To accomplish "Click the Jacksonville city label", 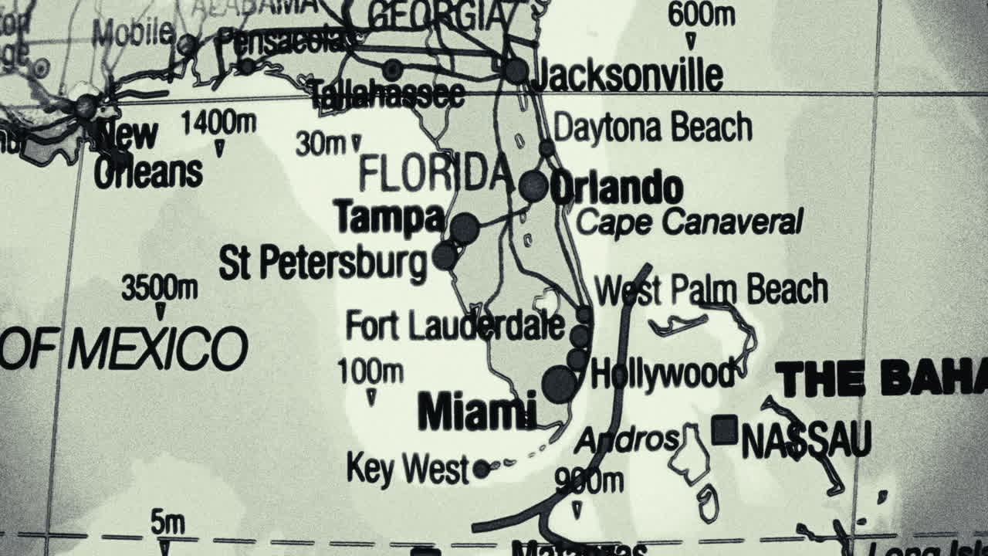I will click(628, 76).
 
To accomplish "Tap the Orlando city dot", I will click(533, 186).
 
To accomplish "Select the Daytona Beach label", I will click(652, 127).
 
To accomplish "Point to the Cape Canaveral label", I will click(689, 222).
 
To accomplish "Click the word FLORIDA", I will click(435, 175).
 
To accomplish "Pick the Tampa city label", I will click(390, 218).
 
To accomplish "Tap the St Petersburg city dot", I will click(445, 256).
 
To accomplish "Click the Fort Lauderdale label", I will click(455, 325).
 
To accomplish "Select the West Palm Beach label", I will click(711, 290).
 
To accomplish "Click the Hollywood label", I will click(662, 374).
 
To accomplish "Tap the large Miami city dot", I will click(560, 384).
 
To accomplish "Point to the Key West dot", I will click(481, 469).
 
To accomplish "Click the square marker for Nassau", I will click(724, 430).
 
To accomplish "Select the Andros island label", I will click(627, 440).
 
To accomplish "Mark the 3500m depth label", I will click(159, 288).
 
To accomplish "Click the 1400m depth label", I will click(218, 122).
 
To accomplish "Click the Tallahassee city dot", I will click(393, 70).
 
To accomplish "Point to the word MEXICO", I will click(157, 349).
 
